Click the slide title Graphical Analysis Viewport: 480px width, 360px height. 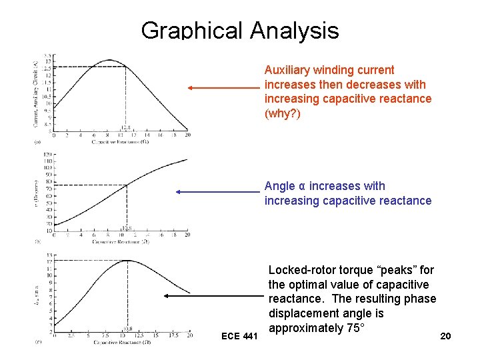(240, 31)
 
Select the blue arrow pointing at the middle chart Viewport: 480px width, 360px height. (216, 192)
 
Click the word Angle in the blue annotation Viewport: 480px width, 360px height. (279, 186)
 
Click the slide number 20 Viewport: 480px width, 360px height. (445, 336)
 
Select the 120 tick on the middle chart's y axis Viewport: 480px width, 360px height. (47, 155)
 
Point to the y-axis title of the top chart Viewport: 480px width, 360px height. (36, 93)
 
